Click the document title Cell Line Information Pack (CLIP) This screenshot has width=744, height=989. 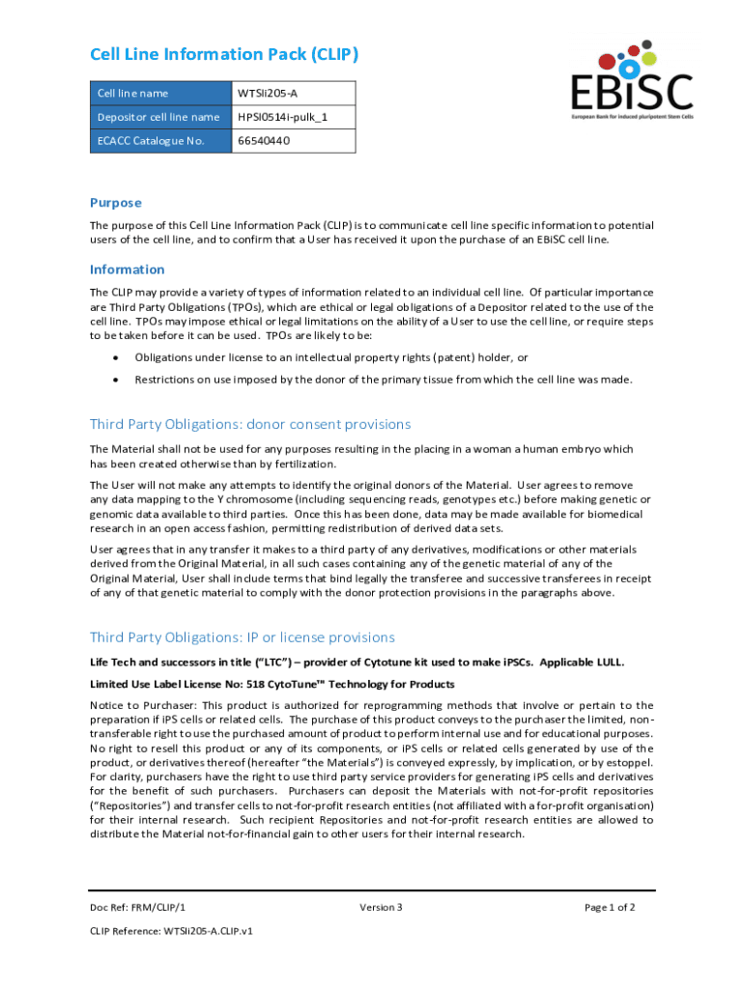point(223,54)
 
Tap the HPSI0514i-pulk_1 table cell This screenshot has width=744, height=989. point(282,118)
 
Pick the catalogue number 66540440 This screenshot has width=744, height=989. point(264,141)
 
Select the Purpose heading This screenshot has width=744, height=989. point(116,203)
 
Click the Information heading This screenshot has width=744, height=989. point(128,269)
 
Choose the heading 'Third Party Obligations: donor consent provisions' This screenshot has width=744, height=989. point(250,424)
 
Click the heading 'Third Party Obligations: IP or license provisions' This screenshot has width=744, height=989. point(243,637)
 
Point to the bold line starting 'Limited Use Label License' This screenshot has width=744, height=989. point(272,684)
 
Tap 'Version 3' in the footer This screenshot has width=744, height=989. point(381,907)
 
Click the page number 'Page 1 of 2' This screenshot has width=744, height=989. point(610,907)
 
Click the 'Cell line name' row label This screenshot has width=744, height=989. point(132,94)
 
